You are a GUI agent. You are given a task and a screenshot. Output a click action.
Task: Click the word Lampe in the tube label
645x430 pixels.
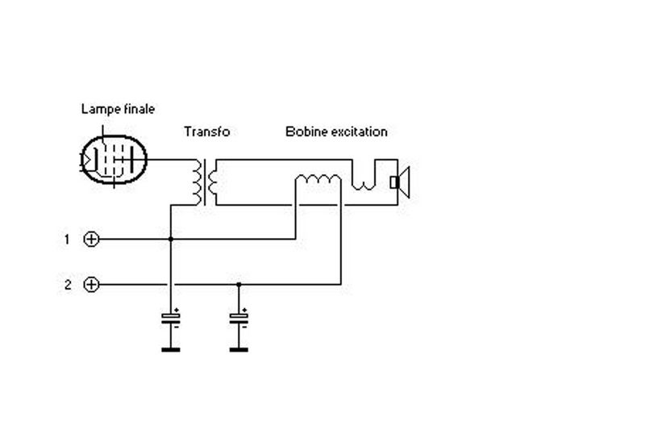pyautogui.click(x=96, y=110)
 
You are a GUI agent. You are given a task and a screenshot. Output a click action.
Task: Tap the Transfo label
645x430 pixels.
pyautogui.click(x=206, y=132)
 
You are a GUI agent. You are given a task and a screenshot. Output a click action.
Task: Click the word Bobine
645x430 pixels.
pyautogui.click(x=306, y=132)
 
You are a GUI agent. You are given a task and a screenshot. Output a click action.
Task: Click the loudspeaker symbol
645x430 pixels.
pyautogui.click(x=400, y=182)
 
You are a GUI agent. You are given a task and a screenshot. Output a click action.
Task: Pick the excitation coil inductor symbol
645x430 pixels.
pyautogui.click(x=318, y=179)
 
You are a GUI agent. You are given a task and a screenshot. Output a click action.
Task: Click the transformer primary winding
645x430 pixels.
pyautogui.click(x=198, y=182)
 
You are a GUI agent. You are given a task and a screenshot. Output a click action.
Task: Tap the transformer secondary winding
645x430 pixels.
pyautogui.click(x=212, y=182)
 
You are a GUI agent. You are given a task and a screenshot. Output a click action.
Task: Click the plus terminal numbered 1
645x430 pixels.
pyautogui.click(x=91, y=239)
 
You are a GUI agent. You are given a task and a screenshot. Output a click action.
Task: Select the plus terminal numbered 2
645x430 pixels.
pyautogui.click(x=91, y=284)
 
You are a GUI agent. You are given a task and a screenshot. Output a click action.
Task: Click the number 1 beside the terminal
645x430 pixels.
pyautogui.click(x=67, y=239)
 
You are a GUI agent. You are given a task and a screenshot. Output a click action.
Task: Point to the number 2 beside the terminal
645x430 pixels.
pyautogui.click(x=68, y=285)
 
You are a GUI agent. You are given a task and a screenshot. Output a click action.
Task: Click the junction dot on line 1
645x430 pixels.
pyautogui.click(x=171, y=239)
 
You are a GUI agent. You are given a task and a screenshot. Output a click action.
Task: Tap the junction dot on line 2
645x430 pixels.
pyautogui.click(x=239, y=284)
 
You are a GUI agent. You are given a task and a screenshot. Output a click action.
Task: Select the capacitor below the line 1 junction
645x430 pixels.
pyautogui.click(x=171, y=318)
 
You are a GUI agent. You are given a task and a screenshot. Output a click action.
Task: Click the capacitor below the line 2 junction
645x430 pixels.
pyautogui.click(x=239, y=318)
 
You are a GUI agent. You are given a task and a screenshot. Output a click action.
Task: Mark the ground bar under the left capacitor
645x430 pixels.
pyautogui.click(x=171, y=350)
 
